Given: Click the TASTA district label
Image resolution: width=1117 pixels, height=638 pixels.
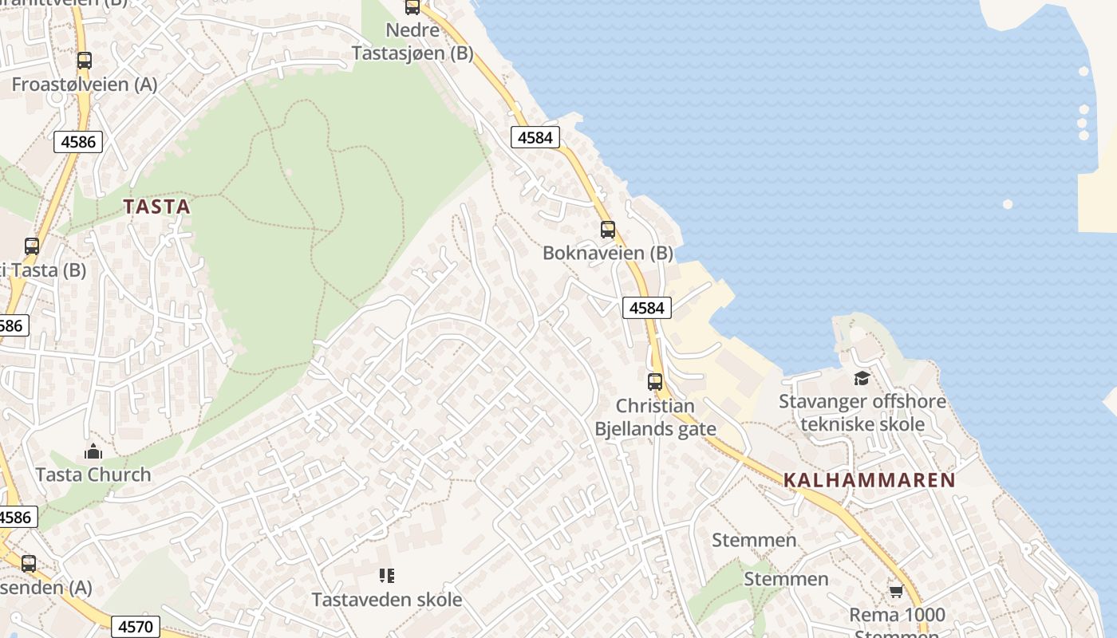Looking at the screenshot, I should [x=157, y=207].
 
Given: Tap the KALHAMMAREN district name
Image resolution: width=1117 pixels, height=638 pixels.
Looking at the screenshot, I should [x=869, y=480].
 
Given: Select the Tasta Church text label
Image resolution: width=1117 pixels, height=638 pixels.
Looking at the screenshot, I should [x=93, y=475].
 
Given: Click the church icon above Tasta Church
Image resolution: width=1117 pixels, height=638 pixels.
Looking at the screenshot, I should [x=93, y=452].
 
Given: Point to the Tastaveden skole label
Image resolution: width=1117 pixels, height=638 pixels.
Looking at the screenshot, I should [x=387, y=599].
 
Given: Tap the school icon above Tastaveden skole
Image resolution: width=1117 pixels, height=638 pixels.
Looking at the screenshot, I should [x=387, y=575].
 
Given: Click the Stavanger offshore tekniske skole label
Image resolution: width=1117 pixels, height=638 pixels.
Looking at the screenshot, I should [x=862, y=412].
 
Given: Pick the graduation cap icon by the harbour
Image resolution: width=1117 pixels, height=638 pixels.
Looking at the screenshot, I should [x=862, y=378].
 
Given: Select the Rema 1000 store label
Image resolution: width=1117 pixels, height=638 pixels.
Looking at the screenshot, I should [x=897, y=615].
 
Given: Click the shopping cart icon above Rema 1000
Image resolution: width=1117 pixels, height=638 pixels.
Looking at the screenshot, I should [x=896, y=591].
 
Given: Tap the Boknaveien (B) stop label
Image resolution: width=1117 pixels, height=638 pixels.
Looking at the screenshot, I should [x=608, y=253].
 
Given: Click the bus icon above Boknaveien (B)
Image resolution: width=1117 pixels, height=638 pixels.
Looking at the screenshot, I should [x=608, y=230].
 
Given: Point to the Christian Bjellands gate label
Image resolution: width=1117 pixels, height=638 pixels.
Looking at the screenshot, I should [x=655, y=417].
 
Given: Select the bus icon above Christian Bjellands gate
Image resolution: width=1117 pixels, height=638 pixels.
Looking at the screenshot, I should [x=655, y=381].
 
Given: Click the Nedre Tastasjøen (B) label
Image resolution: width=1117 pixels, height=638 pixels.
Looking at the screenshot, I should [x=412, y=41].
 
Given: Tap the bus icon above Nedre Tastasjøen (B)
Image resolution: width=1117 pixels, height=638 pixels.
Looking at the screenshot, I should [x=412, y=7].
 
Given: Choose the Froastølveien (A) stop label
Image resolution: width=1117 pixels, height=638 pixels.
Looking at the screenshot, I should [x=85, y=84].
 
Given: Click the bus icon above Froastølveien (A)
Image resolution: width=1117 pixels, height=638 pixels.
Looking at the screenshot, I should [x=84, y=60].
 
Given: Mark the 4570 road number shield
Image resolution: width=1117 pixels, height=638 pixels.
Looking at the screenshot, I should [x=136, y=627].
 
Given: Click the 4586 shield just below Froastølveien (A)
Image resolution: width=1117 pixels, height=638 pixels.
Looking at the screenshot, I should [x=78, y=142].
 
